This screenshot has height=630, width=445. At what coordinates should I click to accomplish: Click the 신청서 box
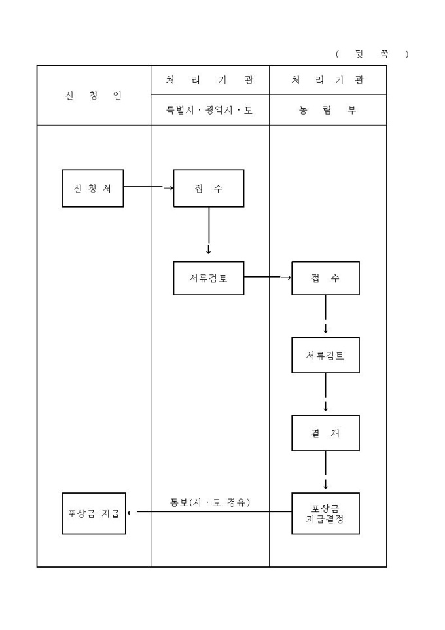92,188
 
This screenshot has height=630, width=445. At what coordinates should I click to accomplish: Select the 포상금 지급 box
94,513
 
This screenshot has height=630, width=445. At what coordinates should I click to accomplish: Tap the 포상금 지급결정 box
325,513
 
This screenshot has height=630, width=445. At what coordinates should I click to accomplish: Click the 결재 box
325,433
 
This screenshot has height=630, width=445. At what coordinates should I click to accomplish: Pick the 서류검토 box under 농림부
325,356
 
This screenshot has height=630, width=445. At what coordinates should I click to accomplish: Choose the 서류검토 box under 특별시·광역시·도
208,278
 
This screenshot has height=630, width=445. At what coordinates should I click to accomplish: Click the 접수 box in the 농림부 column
325,278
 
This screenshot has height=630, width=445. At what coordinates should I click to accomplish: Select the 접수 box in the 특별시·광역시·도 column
208,188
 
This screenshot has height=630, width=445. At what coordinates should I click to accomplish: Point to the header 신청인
94,96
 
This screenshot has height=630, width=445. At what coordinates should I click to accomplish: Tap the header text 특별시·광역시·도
209,111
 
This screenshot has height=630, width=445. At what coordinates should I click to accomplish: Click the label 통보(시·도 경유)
210,503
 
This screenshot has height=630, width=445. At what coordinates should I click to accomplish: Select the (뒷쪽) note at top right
372,54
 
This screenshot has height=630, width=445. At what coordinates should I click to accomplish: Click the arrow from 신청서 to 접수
149,187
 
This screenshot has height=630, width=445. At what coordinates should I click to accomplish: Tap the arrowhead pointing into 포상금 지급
130,513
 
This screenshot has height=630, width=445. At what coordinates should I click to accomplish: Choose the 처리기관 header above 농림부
328,80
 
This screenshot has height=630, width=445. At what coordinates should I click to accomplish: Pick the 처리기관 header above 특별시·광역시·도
209,80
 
